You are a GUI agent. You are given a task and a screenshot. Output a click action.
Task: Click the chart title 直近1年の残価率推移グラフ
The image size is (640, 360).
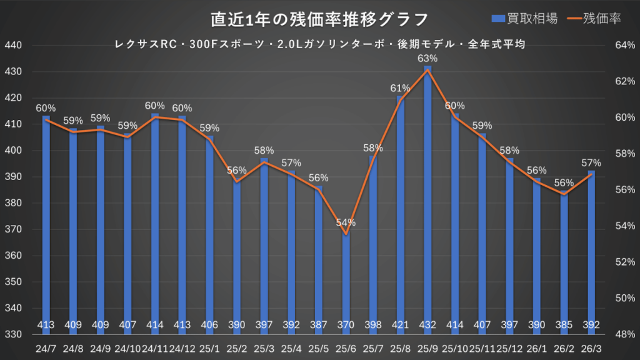(x=319, y=19)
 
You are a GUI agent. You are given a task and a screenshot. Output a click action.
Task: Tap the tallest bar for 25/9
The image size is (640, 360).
(x=427, y=187)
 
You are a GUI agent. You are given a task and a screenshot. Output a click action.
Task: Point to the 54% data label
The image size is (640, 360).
(x=346, y=222)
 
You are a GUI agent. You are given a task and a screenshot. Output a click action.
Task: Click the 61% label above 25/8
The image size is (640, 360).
(x=400, y=88)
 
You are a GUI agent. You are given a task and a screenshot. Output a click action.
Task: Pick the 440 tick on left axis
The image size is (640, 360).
(x=13, y=46)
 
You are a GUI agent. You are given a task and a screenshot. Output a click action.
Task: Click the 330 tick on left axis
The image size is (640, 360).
(x=13, y=334)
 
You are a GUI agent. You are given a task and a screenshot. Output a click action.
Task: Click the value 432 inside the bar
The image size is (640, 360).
(x=427, y=324)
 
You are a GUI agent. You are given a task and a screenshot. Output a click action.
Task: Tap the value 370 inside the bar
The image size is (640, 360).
(x=346, y=324)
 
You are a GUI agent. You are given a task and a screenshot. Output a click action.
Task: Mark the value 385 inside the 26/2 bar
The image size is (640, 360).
(x=564, y=324)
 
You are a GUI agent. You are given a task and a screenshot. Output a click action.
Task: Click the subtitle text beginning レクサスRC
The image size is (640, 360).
(x=319, y=44)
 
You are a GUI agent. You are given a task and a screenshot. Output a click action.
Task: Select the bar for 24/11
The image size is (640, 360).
(x=155, y=219)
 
